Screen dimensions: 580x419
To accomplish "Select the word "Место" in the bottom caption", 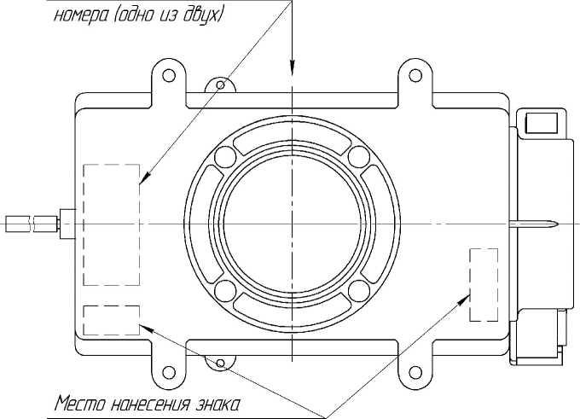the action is click(80, 404).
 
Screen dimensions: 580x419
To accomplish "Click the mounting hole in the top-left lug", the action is click(169, 75).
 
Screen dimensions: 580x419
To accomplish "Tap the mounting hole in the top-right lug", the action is click(415, 75).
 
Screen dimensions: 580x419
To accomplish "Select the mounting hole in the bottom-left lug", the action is click(169, 372).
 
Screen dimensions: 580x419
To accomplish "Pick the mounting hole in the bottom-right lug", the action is click(415, 372).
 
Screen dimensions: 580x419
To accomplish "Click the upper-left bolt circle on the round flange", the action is click(225, 156).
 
